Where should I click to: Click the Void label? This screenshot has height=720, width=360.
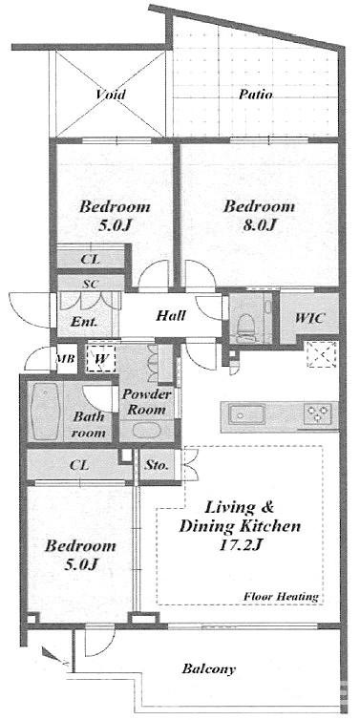coord(111,95)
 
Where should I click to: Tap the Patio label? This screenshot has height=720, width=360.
coord(256,95)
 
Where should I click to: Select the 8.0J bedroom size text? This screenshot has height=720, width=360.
coord(260,225)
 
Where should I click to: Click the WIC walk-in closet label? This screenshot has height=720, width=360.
coord(310,317)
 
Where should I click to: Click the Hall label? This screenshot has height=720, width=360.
coord(171,315)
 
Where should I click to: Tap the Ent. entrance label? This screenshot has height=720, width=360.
coord(84,322)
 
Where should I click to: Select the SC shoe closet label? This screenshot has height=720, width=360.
coord(91,284)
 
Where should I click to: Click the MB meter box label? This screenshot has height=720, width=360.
coord(66,359)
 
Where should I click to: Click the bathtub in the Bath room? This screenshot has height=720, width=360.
coord(45,412)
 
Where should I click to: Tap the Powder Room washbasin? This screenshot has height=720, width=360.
coord(146,432)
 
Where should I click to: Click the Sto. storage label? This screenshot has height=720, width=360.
coord(157,465)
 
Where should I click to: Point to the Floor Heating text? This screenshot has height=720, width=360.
coord(281,597)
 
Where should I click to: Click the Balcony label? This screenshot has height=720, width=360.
coord(208,668)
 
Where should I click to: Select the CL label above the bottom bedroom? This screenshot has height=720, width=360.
coord(79,465)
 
